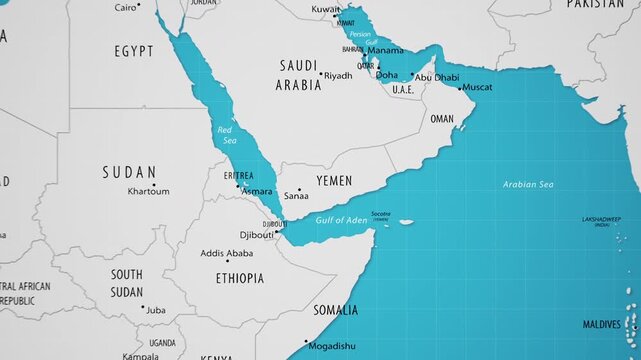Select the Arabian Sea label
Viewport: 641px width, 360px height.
(528, 185)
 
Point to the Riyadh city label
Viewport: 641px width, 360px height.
(339, 76)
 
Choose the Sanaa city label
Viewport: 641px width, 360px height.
(296, 197)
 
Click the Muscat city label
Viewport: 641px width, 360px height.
(478, 88)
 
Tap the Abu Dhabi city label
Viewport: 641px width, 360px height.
(437, 77)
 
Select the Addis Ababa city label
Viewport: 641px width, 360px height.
(226, 253)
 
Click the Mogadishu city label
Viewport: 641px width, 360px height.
(331, 346)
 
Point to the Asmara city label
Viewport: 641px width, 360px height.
(257, 191)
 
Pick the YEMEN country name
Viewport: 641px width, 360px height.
(334, 180)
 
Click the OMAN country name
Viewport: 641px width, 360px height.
(441, 119)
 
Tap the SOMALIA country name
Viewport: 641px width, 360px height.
(336, 310)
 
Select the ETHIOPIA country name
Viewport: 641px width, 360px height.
(240, 278)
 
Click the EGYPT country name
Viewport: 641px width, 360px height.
(133, 50)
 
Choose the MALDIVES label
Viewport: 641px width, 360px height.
(601, 324)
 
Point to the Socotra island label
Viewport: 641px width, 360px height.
(380, 214)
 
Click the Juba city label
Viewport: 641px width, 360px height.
(156, 310)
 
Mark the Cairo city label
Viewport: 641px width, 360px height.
(126, 7)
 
